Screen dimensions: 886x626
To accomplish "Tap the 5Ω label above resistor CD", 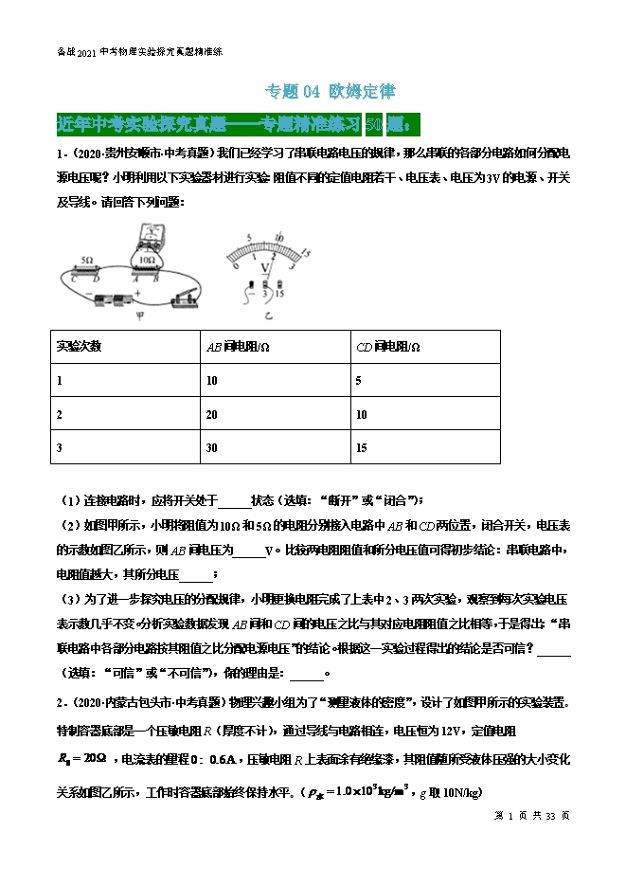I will [x=86, y=258].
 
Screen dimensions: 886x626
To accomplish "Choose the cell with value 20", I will [x=210, y=414].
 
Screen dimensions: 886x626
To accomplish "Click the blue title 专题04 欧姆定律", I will [x=328, y=92].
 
